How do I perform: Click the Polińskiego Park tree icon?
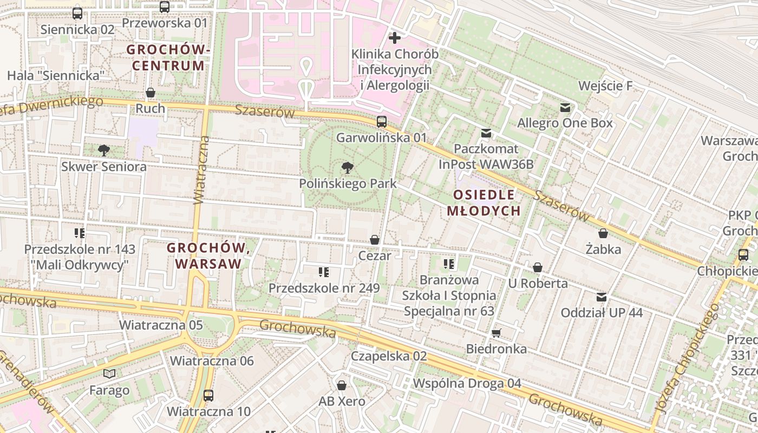[348, 168]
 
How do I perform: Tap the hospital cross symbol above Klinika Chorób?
[395, 38]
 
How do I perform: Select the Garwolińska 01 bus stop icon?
[382, 121]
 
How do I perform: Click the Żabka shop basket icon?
[603, 233]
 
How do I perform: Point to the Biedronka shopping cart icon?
[496, 333]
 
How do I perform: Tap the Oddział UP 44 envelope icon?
[601, 297]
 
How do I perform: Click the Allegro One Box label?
[565, 123]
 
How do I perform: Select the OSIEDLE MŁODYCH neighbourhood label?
[483, 203]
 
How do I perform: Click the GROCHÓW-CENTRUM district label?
[168, 58]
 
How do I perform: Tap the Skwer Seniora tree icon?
[103, 150]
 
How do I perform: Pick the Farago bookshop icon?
[109, 373]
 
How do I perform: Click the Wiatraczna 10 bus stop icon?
[208, 395]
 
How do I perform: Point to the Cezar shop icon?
[374, 239]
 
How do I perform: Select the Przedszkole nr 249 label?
[324, 288]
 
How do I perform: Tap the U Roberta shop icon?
[538, 267]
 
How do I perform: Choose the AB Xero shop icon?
[342, 385]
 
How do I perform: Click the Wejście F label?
[605, 86]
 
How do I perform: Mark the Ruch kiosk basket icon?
[151, 93]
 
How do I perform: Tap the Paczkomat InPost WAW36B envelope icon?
[486, 133]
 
